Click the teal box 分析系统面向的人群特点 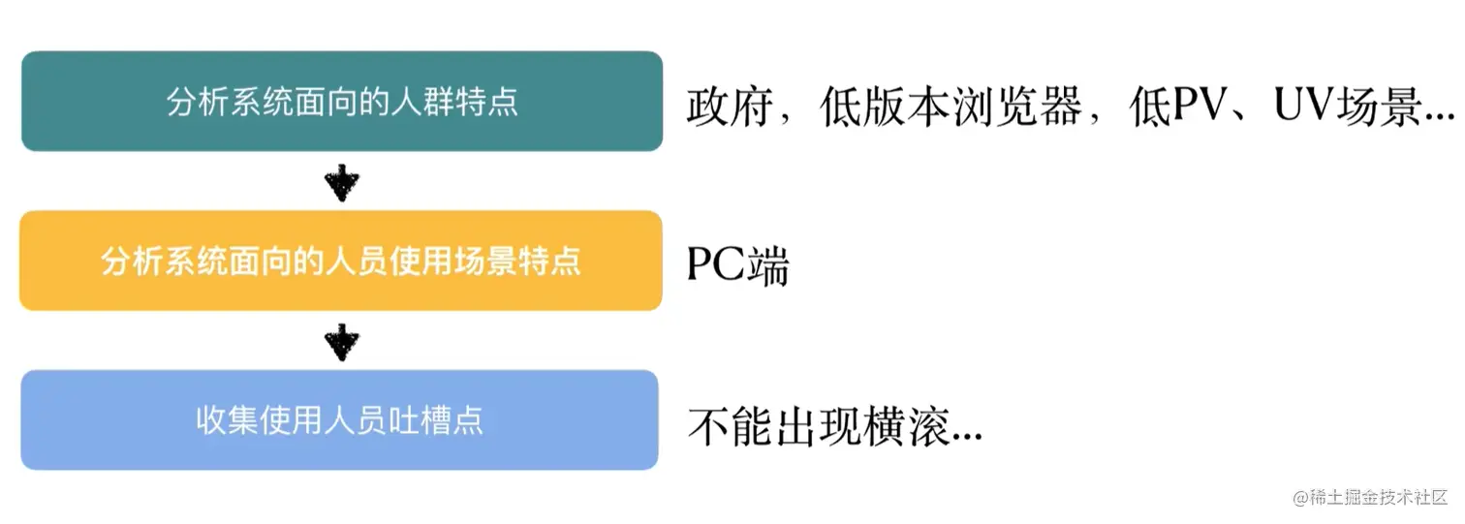[x=341, y=102]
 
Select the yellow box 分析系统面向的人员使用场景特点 [x=341, y=262]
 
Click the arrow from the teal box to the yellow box [x=341, y=181]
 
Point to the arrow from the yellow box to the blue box [x=341, y=341]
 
